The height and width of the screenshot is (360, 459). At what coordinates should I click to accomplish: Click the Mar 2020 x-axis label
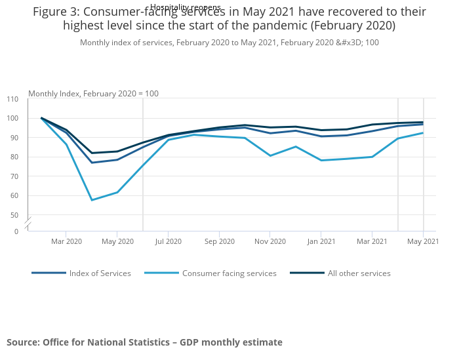pyautogui.click(x=66, y=242)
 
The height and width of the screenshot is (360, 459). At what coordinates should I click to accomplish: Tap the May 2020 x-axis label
pyautogui.click(x=117, y=242)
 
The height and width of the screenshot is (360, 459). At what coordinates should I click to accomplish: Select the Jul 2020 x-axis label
pyautogui.click(x=169, y=242)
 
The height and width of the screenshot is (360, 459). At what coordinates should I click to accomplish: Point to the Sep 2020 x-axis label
pyautogui.click(x=220, y=242)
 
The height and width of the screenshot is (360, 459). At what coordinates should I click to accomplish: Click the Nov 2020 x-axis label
pyautogui.click(x=270, y=242)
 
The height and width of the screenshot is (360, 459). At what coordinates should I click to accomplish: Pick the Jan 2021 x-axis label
pyautogui.click(x=321, y=242)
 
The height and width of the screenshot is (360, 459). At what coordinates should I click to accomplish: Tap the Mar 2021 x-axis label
pyautogui.click(x=372, y=242)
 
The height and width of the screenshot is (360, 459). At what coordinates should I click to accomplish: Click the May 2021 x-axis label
pyautogui.click(x=424, y=242)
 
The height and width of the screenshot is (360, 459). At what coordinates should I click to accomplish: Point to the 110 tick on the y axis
pyautogui.click(x=12, y=99)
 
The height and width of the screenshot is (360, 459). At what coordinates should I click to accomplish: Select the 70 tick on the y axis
pyautogui.click(x=14, y=176)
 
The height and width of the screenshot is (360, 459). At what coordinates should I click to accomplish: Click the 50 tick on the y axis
pyautogui.click(x=14, y=215)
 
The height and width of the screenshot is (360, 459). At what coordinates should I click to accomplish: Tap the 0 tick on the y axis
pyautogui.click(x=16, y=231)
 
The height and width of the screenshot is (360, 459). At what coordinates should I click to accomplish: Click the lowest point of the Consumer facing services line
pyautogui.click(x=92, y=200)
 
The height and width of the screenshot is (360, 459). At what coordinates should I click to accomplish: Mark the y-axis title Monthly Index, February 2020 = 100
pyautogui.click(x=93, y=94)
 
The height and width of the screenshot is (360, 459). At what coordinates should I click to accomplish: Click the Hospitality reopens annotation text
pyautogui.click(x=186, y=7)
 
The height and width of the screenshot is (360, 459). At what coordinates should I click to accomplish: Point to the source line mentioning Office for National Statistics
pyautogui.click(x=144, y=342)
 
